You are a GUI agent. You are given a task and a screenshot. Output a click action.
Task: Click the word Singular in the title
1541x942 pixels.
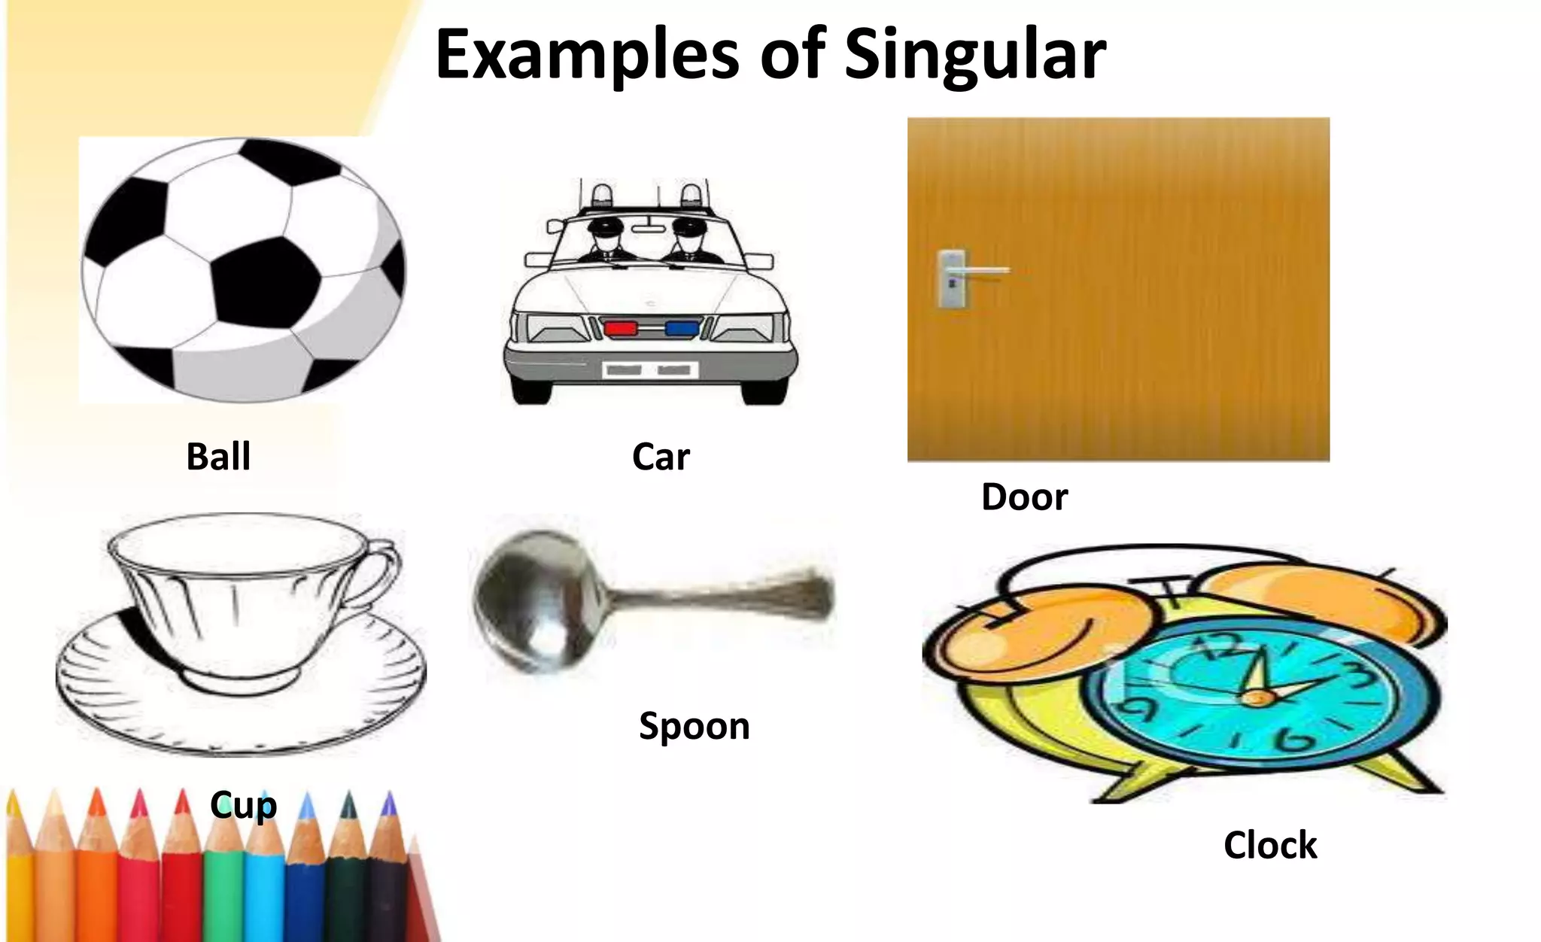click(x=975, y=54)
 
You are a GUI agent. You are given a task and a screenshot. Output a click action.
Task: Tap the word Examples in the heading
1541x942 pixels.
click(x=587, y=54)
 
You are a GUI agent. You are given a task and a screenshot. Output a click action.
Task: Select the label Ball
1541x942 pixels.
click(x=218, y=457)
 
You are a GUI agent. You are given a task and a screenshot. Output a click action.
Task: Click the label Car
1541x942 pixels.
click(x=661, y=457)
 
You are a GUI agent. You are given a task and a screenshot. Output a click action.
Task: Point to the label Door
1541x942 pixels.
click(x=1024, y=497)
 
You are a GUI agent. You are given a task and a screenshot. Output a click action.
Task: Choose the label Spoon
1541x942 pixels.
click(x=694, y=726)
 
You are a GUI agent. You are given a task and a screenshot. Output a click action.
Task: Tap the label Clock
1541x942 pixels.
click(x=1270, y=845)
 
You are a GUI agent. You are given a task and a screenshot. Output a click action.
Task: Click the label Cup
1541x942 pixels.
click(x=244, y=805)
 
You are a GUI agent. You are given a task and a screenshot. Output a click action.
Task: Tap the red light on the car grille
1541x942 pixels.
click(x=621, y=328)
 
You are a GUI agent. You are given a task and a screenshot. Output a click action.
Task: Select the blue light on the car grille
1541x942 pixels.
click(x=681, y=328)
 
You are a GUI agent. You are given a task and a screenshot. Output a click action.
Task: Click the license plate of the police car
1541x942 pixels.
click(x=650, y=369)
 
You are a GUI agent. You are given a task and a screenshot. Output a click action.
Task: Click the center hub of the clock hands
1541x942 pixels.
click(x=1255, y=698)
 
